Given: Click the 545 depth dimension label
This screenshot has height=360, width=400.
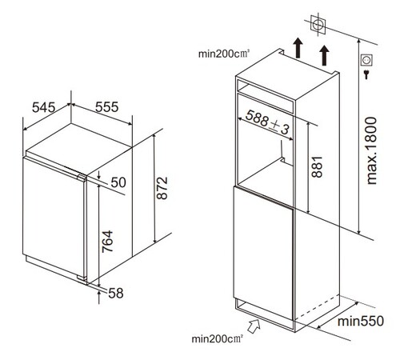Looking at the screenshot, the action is (44, 107).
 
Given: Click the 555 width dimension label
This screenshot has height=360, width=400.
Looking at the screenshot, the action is (107, 107).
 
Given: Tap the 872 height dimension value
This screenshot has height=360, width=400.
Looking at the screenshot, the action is (162, 188).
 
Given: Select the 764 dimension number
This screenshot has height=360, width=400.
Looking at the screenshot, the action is (108, 242).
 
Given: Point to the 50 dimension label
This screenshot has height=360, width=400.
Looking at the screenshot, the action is (118, 182).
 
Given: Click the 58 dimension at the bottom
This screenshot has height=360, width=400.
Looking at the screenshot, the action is (116, 294).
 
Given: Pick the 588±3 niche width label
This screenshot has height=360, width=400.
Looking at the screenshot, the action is (267, 122).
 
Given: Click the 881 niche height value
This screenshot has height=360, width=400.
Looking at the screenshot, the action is (318, 167).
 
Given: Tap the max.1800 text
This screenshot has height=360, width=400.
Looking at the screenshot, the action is (372, 150).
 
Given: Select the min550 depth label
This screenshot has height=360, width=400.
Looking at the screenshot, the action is (361, 321).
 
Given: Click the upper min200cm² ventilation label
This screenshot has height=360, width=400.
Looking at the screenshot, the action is (224, 54).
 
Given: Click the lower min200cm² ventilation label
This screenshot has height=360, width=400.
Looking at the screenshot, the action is (218, 339).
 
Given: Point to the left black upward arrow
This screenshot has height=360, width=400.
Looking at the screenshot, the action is (298, 48).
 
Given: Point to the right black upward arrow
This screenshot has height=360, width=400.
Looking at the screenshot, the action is (324, 55).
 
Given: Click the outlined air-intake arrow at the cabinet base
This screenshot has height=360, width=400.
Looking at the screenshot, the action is (254, 326).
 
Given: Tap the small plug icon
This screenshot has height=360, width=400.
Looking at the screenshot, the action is (366, 74).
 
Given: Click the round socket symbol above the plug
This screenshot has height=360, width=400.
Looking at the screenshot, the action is (366, 60).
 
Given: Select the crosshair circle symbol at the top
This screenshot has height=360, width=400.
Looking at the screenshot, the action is (318, 25).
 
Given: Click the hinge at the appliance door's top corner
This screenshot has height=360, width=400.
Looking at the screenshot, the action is (82, 178).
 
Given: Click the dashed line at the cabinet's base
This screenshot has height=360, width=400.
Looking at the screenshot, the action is (317, 306).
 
